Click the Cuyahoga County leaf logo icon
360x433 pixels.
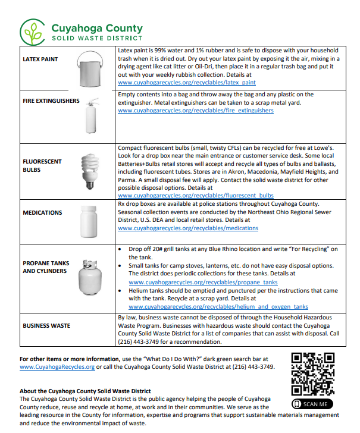click(33, 30)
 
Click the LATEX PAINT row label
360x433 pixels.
click(40, 60)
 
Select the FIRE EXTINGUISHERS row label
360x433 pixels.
click(51, 101)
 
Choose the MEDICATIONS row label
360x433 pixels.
click(42, 212)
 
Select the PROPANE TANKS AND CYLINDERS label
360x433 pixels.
click(46, 267)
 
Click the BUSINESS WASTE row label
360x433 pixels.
click(46, 326)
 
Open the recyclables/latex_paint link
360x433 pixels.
click(187, 83)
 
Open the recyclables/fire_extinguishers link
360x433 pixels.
click(196, 111)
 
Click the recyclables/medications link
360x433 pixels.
click(188, 228)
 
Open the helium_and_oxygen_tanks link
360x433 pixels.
click(218, 307)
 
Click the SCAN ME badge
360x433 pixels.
click(312, 404)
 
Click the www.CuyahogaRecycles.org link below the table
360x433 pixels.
click(57, 367)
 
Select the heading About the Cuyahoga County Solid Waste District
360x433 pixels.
click(85, 391)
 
